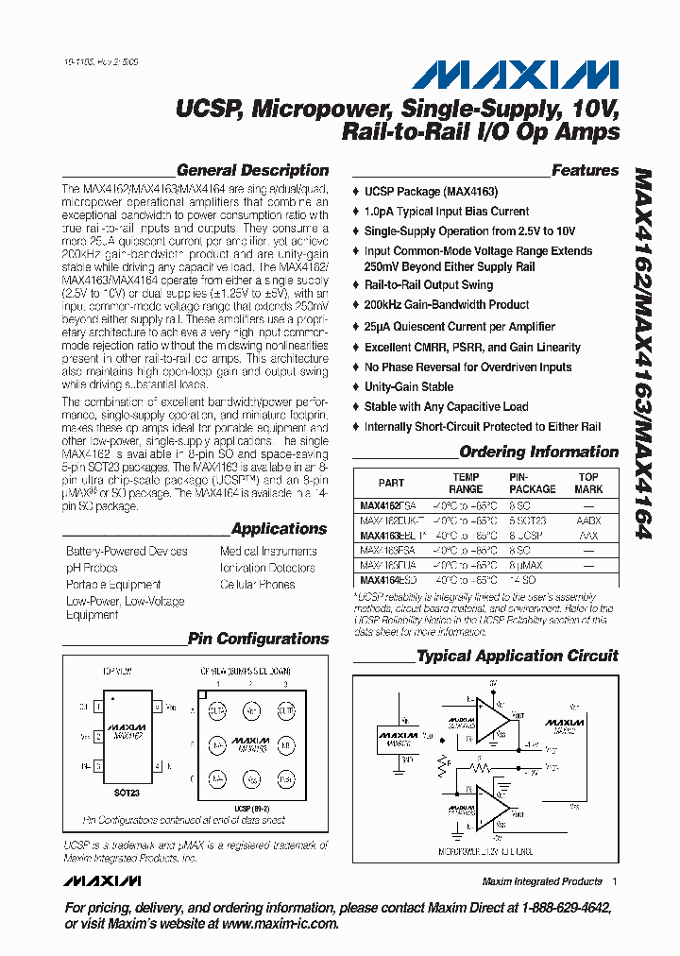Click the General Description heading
pos(252,171)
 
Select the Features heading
pos(585,171)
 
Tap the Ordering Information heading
pos(538,452)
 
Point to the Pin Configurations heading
pos(258,639)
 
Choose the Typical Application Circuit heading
pos(518,656)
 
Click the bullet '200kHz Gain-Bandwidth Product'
pos(447,305)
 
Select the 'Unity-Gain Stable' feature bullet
pos(409,387)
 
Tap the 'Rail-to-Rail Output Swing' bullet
pos(429,285)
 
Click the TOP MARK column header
pos(588,483)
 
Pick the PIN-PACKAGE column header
pos(533,483)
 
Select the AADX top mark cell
pos(588,521)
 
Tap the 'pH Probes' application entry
pos(92,568)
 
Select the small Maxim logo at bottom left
pos(103,880)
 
